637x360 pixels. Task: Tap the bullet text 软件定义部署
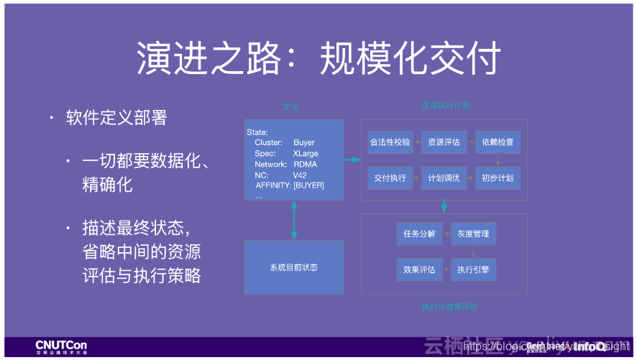(x=116, y=117)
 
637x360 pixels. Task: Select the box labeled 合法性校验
(x=390, y=142)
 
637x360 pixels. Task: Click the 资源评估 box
(x=444, y=142)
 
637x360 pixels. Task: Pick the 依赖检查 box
(x=498, y=142)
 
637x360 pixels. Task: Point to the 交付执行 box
(x=390, y=177)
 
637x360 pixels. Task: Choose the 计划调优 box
(x=444, y=177)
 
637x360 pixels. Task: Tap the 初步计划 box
(x=498, y=177)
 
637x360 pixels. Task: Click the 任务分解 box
(x=419, y=234)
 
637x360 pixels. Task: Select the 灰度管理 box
(x=473, y=234)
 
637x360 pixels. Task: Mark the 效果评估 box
(x=419, y=269)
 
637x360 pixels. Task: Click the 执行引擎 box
(x=473, y=269)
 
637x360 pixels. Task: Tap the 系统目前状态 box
(x=293, y=267)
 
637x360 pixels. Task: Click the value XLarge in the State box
(x=306, y=153)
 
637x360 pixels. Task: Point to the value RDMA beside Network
(x=305, y=164)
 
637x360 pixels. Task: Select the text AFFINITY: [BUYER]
(x=290, y=185)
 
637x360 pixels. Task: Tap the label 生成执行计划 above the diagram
(x=446, y=106)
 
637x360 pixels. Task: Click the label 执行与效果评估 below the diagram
(x=450, y=307)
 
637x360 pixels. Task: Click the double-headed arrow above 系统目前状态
(x=293, y=220)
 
